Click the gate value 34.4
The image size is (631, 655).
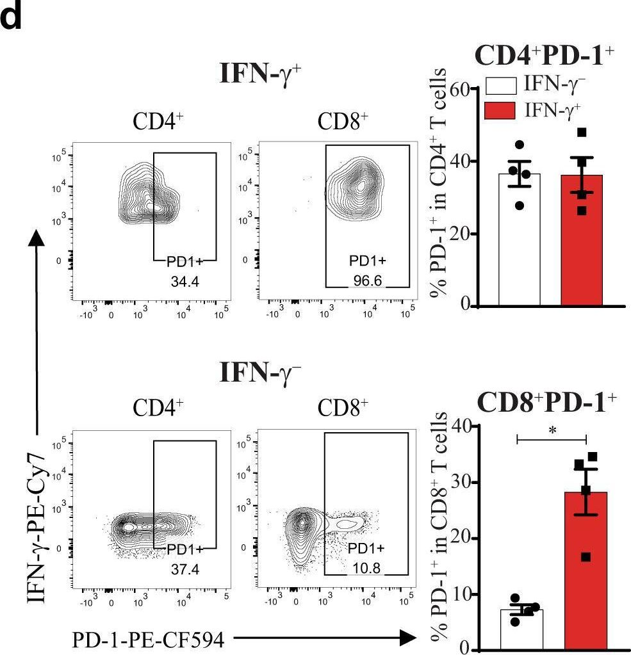coord(184,280)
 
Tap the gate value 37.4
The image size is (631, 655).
coord(184,568)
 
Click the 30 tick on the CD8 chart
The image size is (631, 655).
coord(462,482)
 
